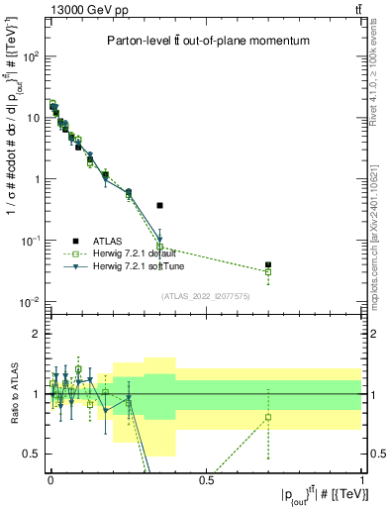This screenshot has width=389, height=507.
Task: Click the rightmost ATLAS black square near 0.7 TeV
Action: click(x=268, y=264)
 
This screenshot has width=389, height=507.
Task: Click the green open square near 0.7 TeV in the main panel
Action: click(x=268, y=271)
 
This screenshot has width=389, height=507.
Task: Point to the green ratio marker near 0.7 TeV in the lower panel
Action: click(x=268, y=417)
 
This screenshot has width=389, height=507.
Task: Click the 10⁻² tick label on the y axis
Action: click(x=31, y=302)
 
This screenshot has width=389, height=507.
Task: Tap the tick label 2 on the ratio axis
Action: click(x=38, y=334)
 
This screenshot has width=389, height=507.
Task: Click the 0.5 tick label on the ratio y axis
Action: click(x=33, y=454)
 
